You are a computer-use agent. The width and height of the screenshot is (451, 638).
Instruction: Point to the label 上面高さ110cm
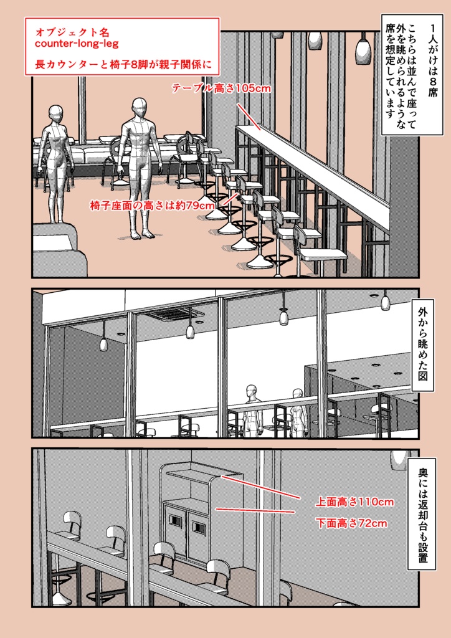pos(354,502)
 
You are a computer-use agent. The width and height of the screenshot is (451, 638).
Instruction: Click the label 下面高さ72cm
pos(351,523)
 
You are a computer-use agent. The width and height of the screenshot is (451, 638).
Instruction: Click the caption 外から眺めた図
pos(422,345)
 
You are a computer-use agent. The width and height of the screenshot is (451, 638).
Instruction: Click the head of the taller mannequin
pos(138,108)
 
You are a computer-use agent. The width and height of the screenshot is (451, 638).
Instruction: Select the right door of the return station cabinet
pos(197,535)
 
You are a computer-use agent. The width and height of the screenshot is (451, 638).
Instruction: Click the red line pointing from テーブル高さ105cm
pos(248,115)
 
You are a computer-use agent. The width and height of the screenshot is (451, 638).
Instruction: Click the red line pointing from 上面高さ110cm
pos(260,487)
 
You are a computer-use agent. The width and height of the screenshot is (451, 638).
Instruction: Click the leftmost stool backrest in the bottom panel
pos(72,523)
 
